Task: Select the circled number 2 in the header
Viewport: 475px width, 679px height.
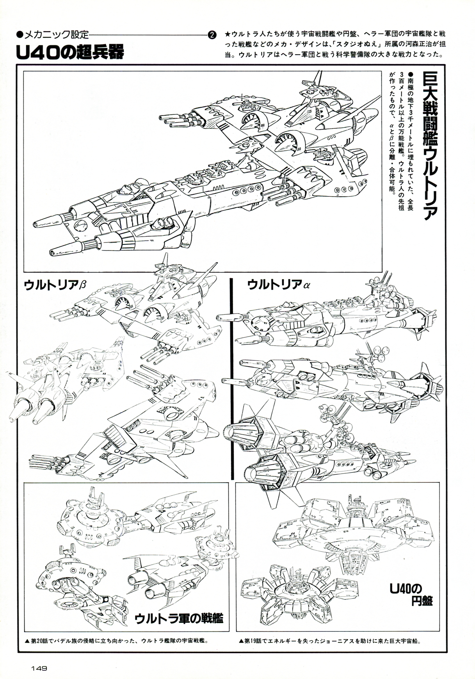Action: (x=212, y=35)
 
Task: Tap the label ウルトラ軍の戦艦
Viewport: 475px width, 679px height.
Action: (x=179, y=618)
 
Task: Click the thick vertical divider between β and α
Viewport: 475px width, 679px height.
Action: (x=232, y=379)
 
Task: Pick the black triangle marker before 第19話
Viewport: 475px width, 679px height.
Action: (x=240, y=641)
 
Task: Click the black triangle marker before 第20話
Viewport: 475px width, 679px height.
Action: (x=27, y=641)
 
